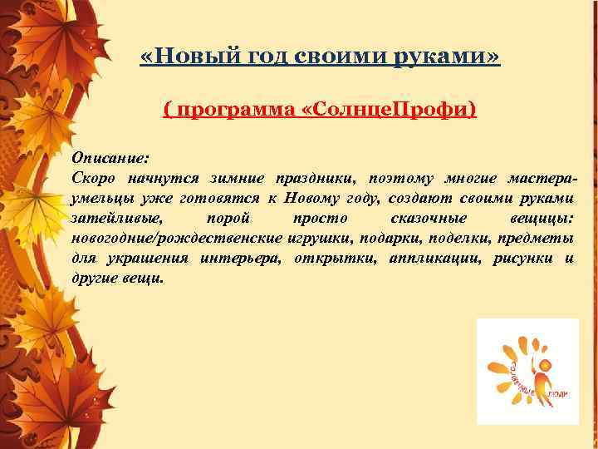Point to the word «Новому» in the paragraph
pos(311,198)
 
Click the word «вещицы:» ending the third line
pos(544,218)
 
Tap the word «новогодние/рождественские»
pos(178,239)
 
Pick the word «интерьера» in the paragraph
pos(245,259)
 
